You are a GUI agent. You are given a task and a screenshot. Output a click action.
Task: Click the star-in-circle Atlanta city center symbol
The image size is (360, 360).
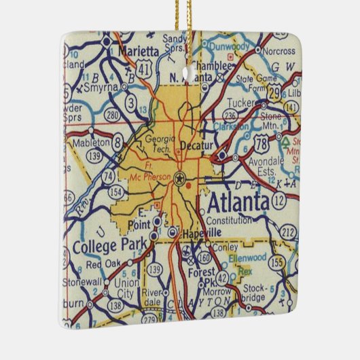(180, 179)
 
